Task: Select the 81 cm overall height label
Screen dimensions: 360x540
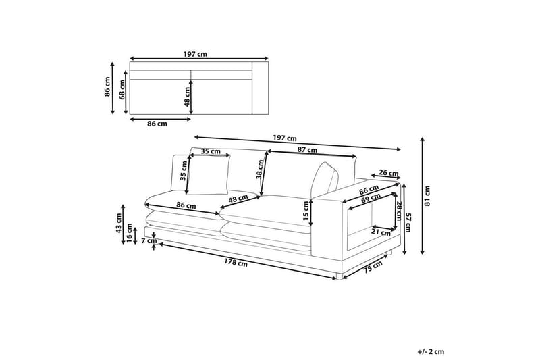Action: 428,195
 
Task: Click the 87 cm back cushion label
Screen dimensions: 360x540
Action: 308,151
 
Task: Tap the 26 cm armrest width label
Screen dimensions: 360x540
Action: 389,173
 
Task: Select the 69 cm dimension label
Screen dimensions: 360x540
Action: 369,199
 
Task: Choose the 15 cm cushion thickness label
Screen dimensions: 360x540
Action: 305,213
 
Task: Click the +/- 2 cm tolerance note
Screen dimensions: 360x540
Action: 431,351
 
